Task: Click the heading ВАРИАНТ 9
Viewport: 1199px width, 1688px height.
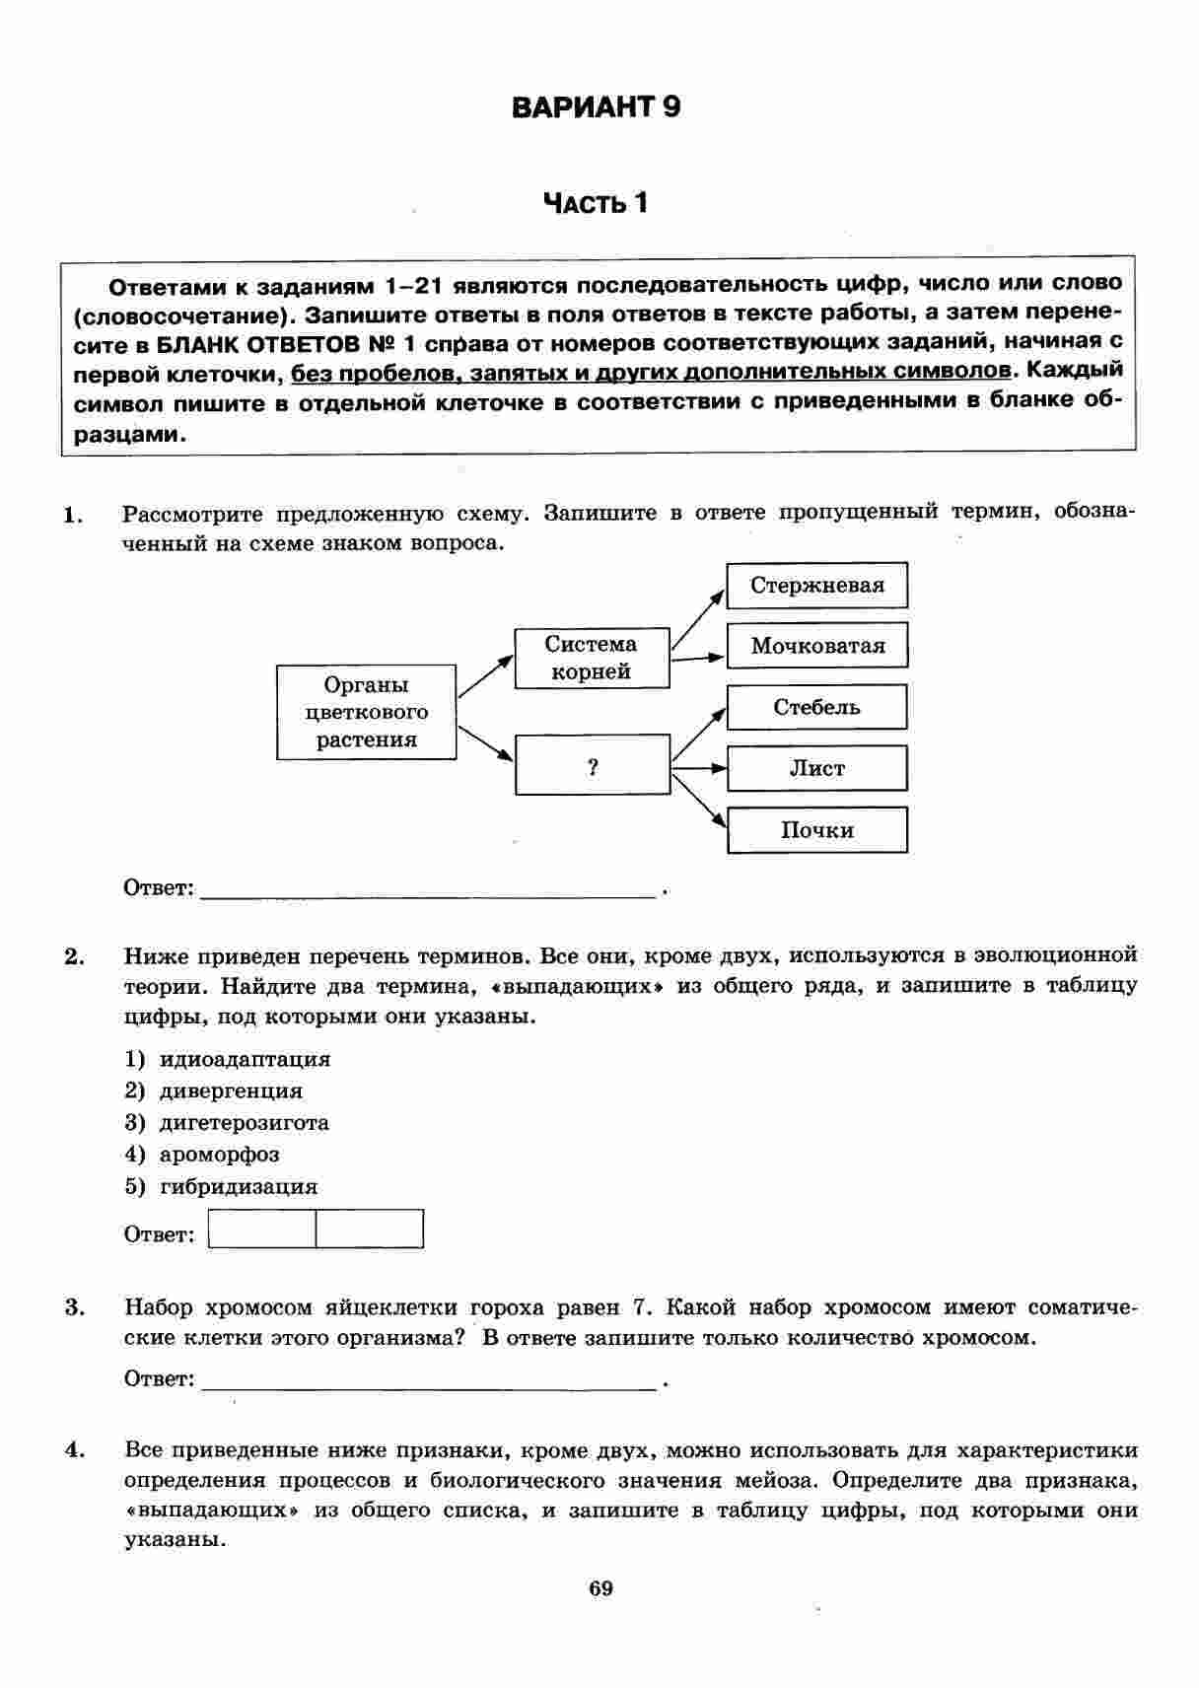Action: [597, 106]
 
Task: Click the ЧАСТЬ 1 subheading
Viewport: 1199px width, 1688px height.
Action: [596, 203]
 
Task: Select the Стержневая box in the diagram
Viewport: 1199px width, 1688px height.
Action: [816, 586]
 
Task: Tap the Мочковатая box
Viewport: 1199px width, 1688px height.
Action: [816, 647]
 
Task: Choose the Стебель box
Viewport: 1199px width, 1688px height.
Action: [816, 708]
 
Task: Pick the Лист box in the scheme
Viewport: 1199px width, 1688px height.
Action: [816, 769]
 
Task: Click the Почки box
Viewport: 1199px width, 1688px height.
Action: [816, 830]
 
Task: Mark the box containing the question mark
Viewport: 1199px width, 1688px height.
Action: [592, 765]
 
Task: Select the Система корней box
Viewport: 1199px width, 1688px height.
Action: [592, 659]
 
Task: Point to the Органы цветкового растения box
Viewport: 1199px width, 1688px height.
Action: [366, 712]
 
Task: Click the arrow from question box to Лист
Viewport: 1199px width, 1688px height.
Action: [698, 767]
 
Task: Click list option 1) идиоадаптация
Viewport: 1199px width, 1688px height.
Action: [228, 1059]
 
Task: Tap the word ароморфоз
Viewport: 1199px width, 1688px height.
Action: [219, 1154]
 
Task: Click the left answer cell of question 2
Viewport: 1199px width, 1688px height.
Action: [262, 1230]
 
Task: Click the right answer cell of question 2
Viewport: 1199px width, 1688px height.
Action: [370, 1230]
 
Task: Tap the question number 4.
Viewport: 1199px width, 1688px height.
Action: [72, 1449]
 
